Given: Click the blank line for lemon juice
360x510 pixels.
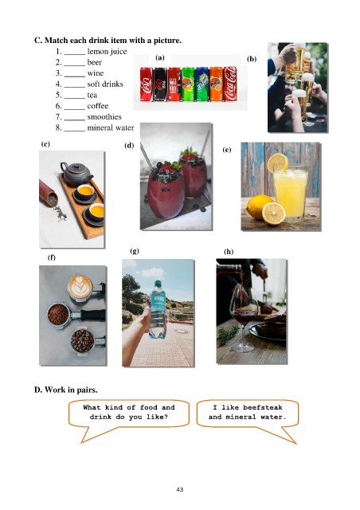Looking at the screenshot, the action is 75,54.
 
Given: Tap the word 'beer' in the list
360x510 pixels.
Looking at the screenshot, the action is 94,62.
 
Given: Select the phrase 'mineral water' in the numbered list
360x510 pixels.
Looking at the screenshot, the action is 111,127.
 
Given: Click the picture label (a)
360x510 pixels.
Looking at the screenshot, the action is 160,58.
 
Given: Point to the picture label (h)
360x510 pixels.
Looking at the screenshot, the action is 229,252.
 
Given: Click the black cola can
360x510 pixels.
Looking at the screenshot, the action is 160,84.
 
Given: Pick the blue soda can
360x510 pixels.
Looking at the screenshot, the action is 202,84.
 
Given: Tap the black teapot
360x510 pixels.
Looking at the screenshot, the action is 76,174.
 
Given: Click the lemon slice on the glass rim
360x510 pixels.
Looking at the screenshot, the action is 278,162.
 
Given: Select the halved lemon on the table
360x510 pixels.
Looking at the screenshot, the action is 274,214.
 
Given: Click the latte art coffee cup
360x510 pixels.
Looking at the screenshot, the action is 80,286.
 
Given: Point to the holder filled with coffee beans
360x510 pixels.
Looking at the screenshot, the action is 83,340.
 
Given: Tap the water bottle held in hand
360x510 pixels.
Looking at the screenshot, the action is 158,310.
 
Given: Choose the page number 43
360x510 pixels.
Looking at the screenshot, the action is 180,489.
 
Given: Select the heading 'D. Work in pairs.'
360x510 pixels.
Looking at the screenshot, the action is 65,390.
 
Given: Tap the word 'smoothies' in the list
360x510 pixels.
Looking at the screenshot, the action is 104,117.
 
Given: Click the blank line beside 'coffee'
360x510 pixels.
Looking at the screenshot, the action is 75,109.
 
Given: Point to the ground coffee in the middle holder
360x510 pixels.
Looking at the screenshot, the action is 58,315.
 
